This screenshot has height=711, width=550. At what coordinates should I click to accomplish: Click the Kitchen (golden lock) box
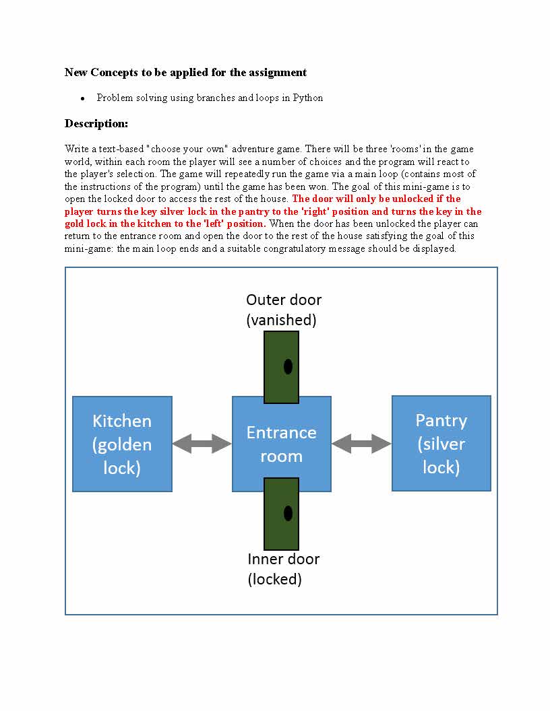[x=122, y=444]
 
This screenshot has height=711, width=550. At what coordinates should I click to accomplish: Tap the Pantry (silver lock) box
[x=441, y=443]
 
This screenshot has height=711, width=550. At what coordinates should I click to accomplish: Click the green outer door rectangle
[x=281, y=366]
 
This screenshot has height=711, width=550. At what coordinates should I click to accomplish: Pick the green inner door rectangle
[x=281, y=513]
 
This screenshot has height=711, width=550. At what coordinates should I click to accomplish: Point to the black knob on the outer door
[x=288, y=367]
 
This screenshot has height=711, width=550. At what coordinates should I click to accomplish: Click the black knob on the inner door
[x=288, y=513]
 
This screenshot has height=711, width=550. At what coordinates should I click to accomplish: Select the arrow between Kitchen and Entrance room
[x=202, y=443]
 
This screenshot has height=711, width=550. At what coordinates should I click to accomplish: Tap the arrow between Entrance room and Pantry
[x=361, y=443]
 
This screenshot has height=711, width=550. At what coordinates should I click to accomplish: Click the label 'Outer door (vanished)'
[x=283, y=310]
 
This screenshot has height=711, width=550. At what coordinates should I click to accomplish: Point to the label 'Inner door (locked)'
[x=283, y=569]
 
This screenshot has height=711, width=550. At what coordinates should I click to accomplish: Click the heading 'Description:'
[x=96, y=124]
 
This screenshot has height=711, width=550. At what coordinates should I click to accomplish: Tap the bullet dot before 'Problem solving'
[x=82, y=98]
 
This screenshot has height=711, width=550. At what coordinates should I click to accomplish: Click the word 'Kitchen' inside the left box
[x=122, y=421]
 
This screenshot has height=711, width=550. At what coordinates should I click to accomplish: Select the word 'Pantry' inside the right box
[x=441, y=420]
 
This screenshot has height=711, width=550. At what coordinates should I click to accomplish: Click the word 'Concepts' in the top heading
[x=115, y=72]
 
